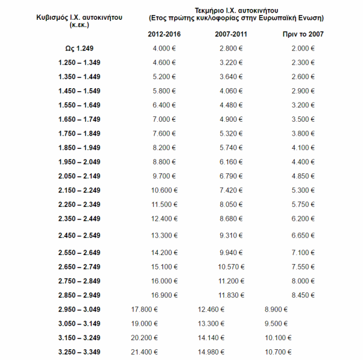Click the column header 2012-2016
[164, 34]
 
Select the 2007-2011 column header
[231, 34]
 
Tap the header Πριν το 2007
[303, 34]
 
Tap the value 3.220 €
[231, 62]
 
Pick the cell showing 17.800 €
[144, 310]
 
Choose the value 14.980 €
[211, 352]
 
